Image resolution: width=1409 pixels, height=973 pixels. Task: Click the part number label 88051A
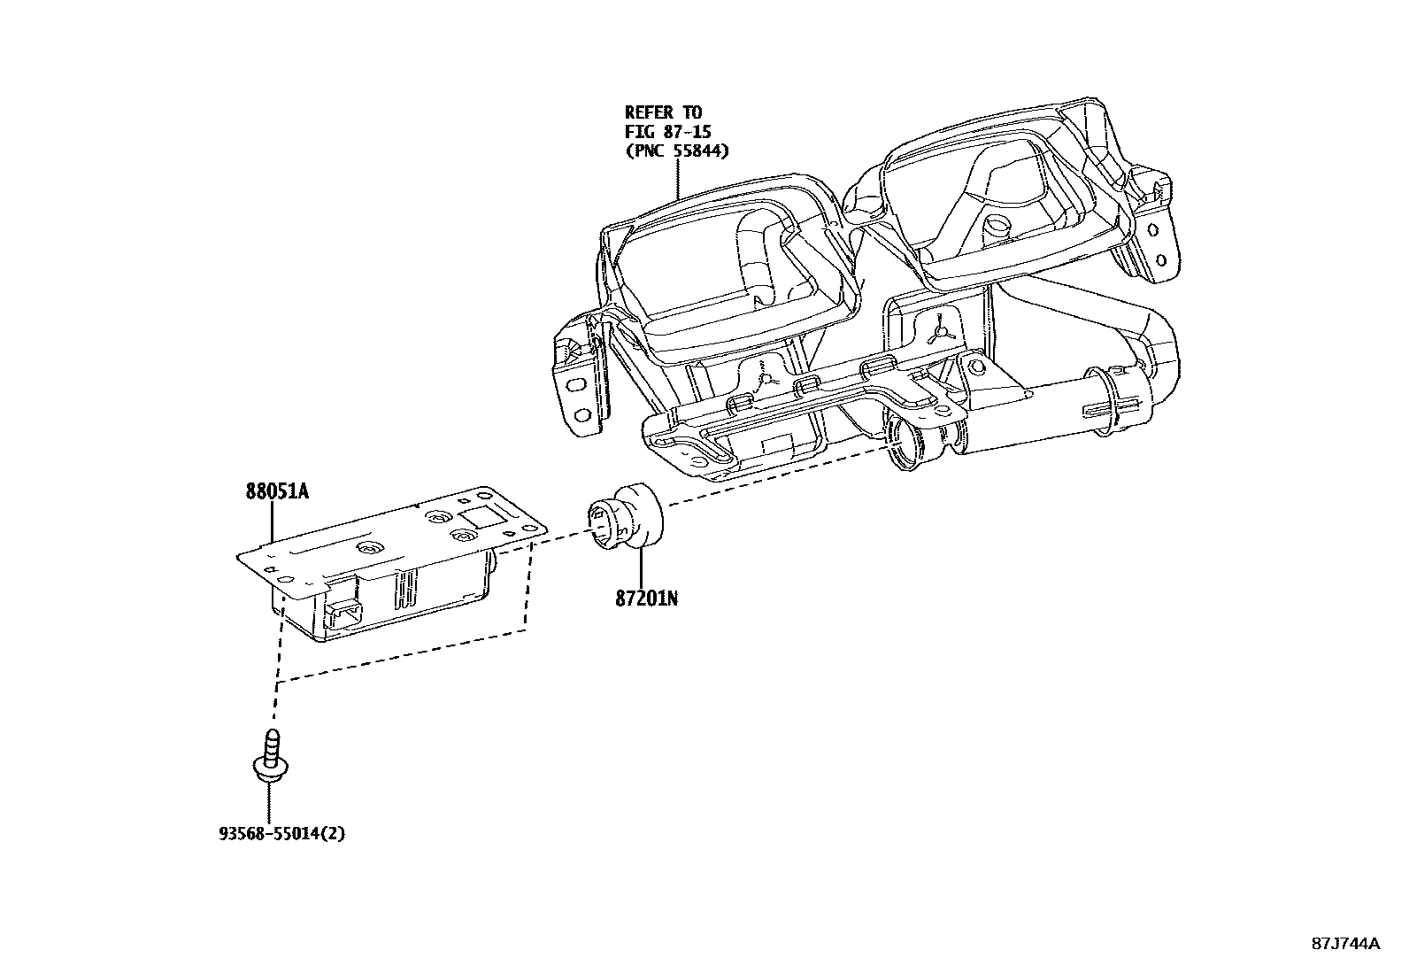point(277,491)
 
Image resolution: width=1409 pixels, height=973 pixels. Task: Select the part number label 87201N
point(647,598)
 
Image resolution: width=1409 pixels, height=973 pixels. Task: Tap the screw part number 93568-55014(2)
point(281,833)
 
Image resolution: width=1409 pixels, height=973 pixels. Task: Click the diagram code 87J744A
point(1345,943)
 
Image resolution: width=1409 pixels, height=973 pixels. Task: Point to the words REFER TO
point(663,112)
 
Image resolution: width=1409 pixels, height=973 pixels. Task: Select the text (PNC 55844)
point(677,151)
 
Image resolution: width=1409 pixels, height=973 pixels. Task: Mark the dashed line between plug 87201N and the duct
point(779,479)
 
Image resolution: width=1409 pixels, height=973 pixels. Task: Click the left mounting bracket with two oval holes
point(578,390)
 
